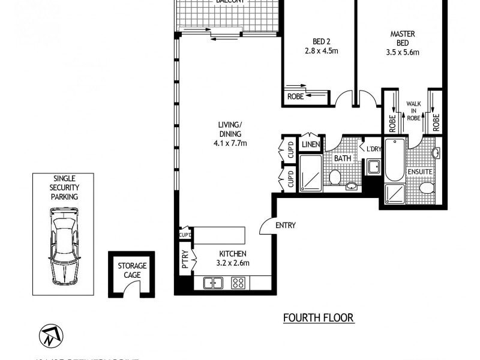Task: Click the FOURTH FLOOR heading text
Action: pyautogui.click(x=319, y=318)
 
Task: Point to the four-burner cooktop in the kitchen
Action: pyautogui.click(x=238, y=282)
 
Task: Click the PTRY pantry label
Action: pyautogui.click(x=185, y=262)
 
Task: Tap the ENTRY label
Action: pyautogui.click(x=285, y=226)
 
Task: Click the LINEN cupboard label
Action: pyautogui.click(x=310, y=145)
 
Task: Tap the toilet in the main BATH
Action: pyautogui.click(x=335, y=177)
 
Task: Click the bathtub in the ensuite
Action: pyautogui.click(x=394, y=160)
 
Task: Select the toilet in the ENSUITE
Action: pyautogui.click(x=427, y=189)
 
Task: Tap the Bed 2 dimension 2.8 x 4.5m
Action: pyautogui.click(x=321, y=51)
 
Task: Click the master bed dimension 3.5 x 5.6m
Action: pyautogui.click(x=402, y=52)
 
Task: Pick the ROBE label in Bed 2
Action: pyautogui.click(x=295, y=96)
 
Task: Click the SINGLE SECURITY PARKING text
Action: pyautogui.click(x=64, y=187)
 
